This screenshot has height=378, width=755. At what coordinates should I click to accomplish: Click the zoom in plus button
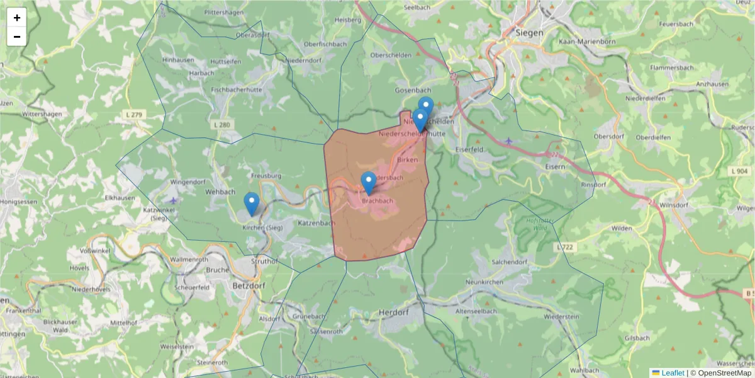point(17,18)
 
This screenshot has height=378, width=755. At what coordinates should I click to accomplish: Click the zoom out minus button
point(17,37)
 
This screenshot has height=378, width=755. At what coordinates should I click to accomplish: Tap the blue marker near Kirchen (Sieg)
point(252,203)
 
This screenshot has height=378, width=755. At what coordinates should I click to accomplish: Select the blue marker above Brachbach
point(368,183)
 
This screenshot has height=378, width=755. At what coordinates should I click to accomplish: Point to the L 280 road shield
point(221,125)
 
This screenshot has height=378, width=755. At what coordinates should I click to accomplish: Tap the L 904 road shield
point(740,171)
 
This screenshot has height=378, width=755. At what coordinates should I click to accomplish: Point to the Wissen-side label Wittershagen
point(42,114)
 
